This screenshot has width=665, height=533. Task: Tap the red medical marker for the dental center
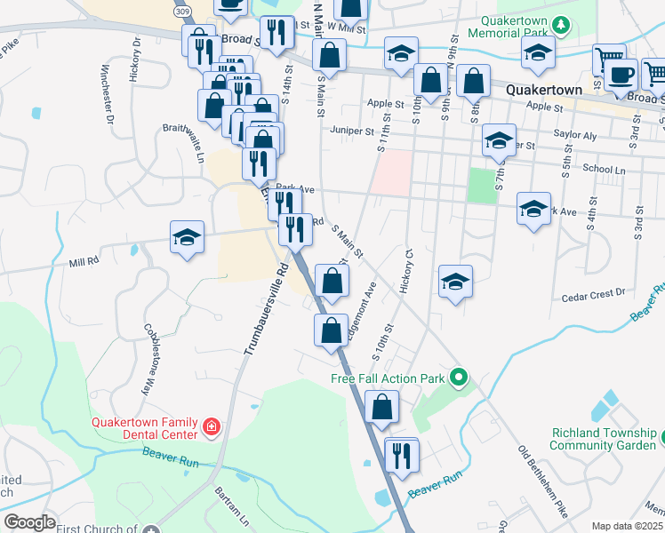(x=211, y=428)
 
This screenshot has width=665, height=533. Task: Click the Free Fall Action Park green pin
(x=459, y=378)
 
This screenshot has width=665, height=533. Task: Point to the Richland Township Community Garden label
(x=603, y=439)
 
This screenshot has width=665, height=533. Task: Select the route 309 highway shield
(x=182, y=11)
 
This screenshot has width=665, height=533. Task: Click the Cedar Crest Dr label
(x=594, y=290)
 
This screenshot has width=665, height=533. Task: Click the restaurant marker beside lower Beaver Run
(x=401, y=456)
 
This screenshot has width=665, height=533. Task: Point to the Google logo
(x=30, y=522)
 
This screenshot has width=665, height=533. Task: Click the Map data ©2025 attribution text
(x=627, y=526)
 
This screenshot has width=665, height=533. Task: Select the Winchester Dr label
(x=107, y=93)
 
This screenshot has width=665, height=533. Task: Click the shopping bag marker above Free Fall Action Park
(x=331, y=330)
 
